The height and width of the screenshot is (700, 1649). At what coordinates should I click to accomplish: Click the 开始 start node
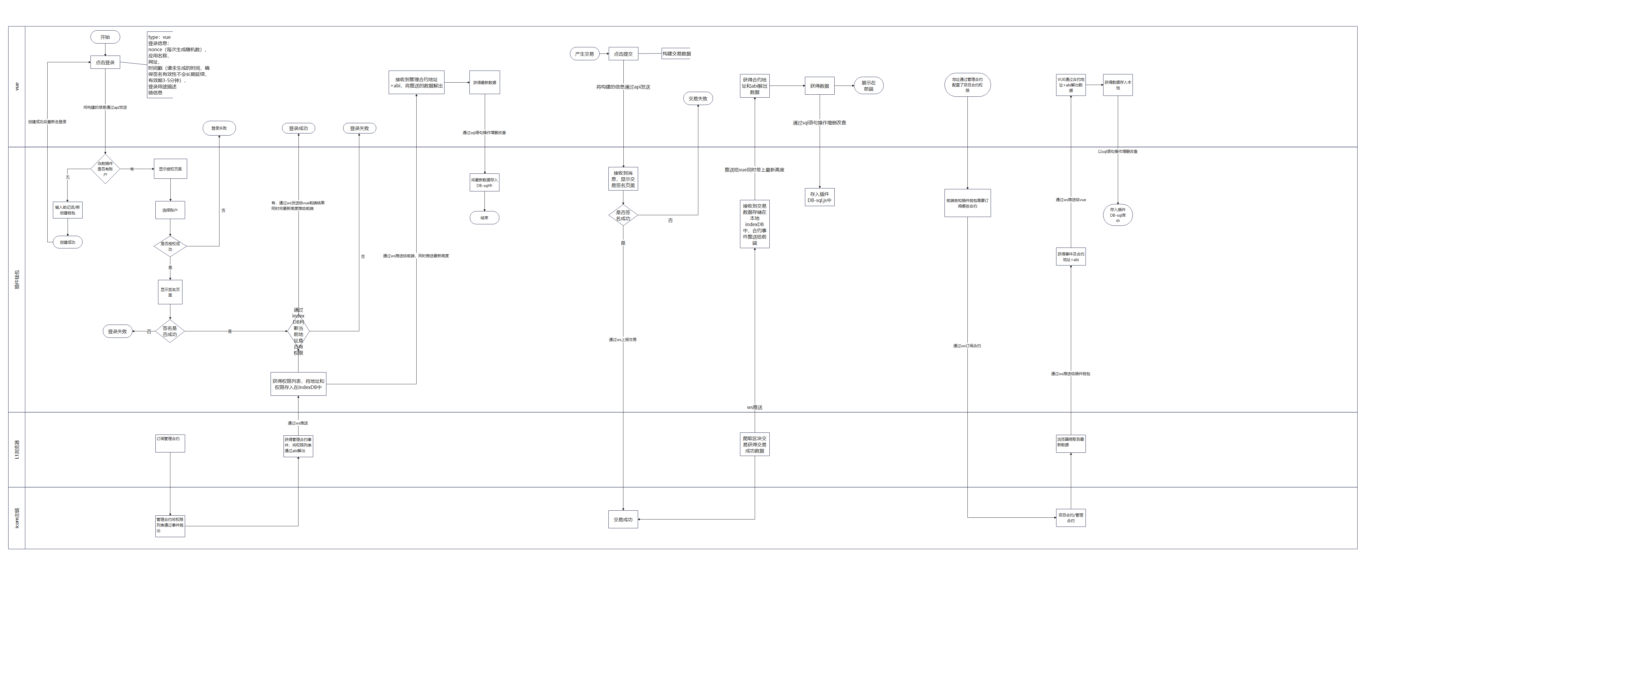click(x=105, y=37)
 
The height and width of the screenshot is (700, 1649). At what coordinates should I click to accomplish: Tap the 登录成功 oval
click(x=298, y=128)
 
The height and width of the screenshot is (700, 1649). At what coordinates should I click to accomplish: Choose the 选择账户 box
click(x=170, y=210)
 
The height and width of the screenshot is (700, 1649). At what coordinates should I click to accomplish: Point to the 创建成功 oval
click(x=67, y=242)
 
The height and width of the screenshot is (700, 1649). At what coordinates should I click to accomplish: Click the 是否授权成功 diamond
click(x=170, y=246)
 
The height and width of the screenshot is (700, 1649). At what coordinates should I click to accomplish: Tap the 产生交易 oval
click(x=584, y=54)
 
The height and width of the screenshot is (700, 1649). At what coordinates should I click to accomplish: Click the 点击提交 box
click(x=623, y=54)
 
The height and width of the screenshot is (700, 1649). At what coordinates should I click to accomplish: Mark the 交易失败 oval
click(x=698, y=98)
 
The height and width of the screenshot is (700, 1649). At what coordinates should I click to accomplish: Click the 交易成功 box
click(x=623, y=519)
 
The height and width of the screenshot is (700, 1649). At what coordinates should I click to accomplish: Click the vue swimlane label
click(x=17, y=86)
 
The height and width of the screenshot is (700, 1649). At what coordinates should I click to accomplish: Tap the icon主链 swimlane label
click(x=17, y=517)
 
